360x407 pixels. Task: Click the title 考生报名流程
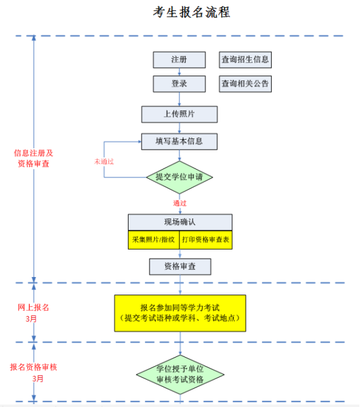192,12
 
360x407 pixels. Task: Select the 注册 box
179,60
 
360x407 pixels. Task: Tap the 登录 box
179,84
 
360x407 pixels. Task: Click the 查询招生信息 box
245,60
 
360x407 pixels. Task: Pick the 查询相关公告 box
245,84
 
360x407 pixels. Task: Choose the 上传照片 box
179,114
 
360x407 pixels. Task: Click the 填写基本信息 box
179,142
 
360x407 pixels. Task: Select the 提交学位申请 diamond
179,177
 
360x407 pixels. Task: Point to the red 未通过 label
104,162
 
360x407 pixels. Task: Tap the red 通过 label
180,203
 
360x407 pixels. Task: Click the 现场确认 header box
180,222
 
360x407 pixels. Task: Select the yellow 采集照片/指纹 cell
153,240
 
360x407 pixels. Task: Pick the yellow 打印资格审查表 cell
206,240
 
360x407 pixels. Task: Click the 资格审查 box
180,267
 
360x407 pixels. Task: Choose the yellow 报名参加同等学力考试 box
180,313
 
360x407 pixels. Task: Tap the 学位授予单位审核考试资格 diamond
180,374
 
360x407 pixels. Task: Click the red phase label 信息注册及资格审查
33,159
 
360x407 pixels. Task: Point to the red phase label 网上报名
33,308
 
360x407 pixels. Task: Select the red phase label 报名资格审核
33,367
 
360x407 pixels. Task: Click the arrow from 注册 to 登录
179,72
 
